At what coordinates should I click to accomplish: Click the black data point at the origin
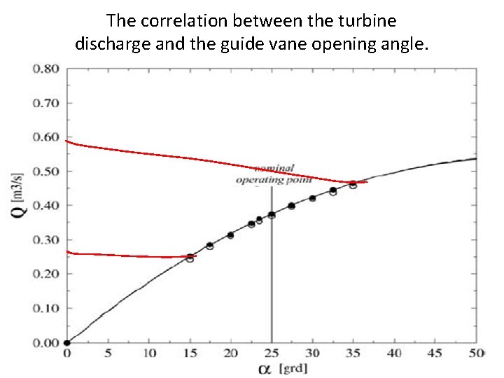(66, 343)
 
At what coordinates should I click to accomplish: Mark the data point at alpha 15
(190, 258)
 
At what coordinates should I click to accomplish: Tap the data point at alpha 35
(353, 184)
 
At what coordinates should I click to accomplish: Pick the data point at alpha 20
(230, 235)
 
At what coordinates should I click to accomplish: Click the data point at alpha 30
(312, 198)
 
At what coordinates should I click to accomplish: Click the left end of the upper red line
(66, 141)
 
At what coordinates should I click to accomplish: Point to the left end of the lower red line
(66, 251)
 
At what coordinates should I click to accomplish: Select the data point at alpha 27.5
(292, 206)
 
